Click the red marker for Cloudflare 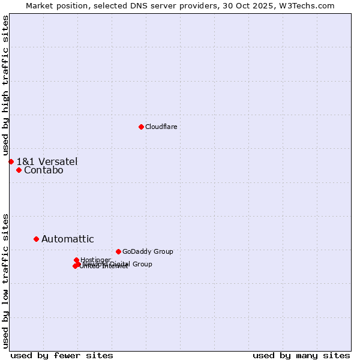pyautogui.click(x=141, y=127)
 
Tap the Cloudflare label pyautogui.click(x=161, y=127)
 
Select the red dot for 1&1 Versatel pyautogui.click(x=11, y=161)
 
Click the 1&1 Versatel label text pyautogui.click(x=47, y=161)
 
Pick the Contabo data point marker pyautogui.click(x=19, y=170)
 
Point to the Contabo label pyautogui.click(x=43, y=170)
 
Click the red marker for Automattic pyautogui.click(x=36, y=239)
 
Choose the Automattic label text pyautogui.click(x=67, y=239)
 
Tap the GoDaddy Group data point pyautogui.click(x=118, y=251)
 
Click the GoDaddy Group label pyautogui.click(x=147, y=252)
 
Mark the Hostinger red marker pyautogui.click(x=76, y=260)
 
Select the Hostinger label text pyautogui.click(x=95, y=260)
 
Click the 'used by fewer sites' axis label pyautogui.click(x=62, y=355)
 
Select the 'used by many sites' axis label pyautogui.click(x=301, y=355)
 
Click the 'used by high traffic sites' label pyautogui.click(x=5, y=85)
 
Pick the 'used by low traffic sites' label pyautogui.click(x=5, y=280)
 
